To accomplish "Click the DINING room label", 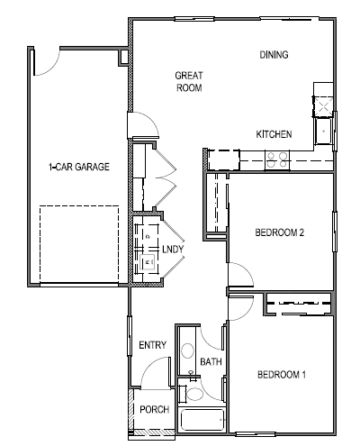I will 274,55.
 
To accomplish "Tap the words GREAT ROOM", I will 188,82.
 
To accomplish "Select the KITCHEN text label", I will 274,134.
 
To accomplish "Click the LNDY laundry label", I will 173,249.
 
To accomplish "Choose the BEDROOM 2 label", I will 281,232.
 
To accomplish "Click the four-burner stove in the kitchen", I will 276,161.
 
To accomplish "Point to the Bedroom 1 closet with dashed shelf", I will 298,305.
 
